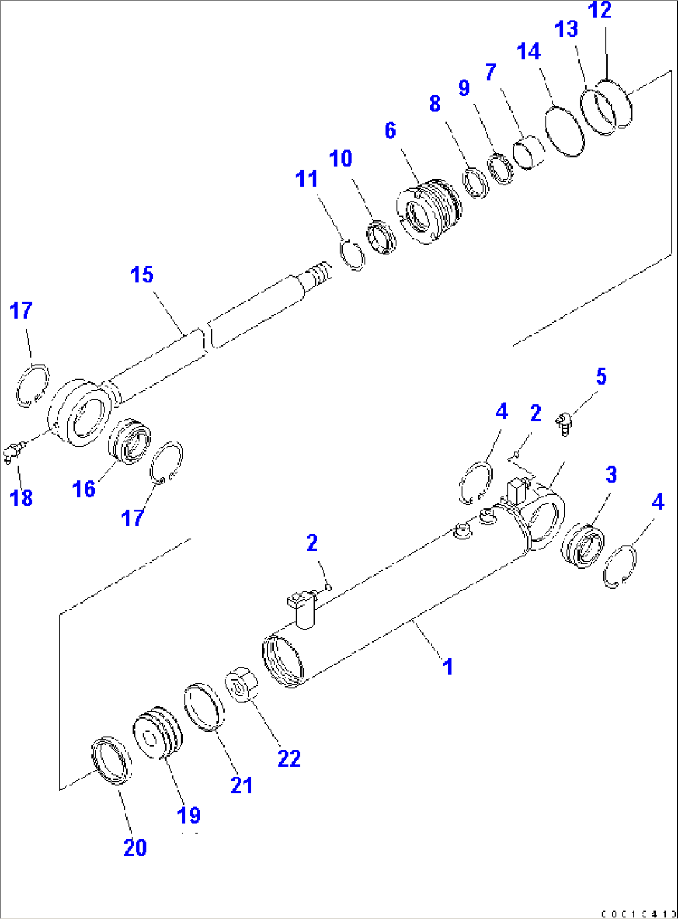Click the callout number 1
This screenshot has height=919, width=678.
coord(447,666)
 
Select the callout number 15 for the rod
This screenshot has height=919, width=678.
coord(142,274)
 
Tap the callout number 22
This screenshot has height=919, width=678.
coord(289,758)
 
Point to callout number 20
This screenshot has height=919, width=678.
coord(135,847)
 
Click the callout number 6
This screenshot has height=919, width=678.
coord(390,130)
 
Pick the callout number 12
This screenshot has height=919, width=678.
coord(601,11)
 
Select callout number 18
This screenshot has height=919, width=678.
coord(22,497)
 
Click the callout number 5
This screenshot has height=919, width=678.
coord(601,376)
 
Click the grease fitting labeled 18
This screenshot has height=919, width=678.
coord(15,450)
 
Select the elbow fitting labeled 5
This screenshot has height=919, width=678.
coord(564,424)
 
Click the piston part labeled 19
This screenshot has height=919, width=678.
coord(159,732)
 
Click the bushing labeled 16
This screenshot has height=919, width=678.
coord(130,441)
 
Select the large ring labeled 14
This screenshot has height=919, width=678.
coord(565,133)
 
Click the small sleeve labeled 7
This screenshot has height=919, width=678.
coord(529,152)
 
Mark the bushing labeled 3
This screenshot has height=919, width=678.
coord(583,546)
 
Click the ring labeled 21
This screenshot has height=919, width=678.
coord(204,707)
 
